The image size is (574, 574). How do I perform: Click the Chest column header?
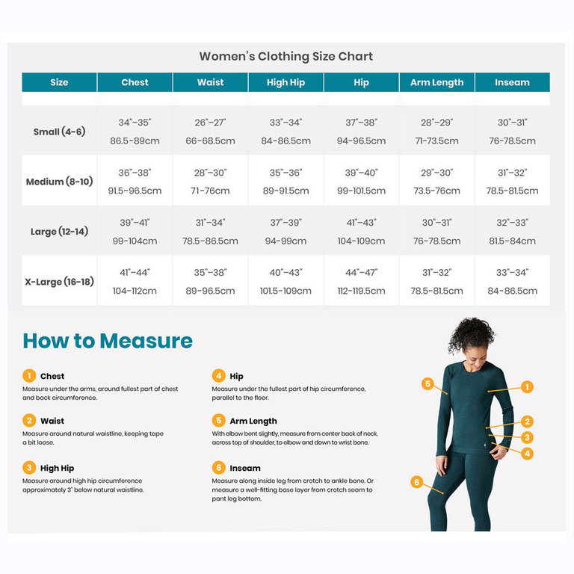135,82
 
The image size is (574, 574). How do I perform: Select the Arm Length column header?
436,82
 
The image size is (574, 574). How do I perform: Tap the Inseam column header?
512,82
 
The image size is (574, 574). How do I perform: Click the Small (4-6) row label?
59,132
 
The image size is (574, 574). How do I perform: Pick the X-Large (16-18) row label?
59,282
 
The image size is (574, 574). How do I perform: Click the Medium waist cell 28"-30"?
210,173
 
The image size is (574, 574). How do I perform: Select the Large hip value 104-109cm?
361,241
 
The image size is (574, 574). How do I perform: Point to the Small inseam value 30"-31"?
512,123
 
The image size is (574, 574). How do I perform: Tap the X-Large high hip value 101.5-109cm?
286,291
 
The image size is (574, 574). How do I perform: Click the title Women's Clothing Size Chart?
286,56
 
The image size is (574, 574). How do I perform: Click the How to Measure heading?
108,341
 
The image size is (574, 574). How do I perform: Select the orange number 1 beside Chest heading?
29,376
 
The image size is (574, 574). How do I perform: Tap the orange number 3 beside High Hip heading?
29,468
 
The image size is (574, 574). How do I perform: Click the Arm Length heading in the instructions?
253,421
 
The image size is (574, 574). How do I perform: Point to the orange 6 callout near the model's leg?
416,482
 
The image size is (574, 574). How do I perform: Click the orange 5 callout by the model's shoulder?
428,384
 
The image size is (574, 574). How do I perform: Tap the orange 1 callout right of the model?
527,386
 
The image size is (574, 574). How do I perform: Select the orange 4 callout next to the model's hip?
527,453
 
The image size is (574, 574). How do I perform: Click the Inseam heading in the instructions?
245,468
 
